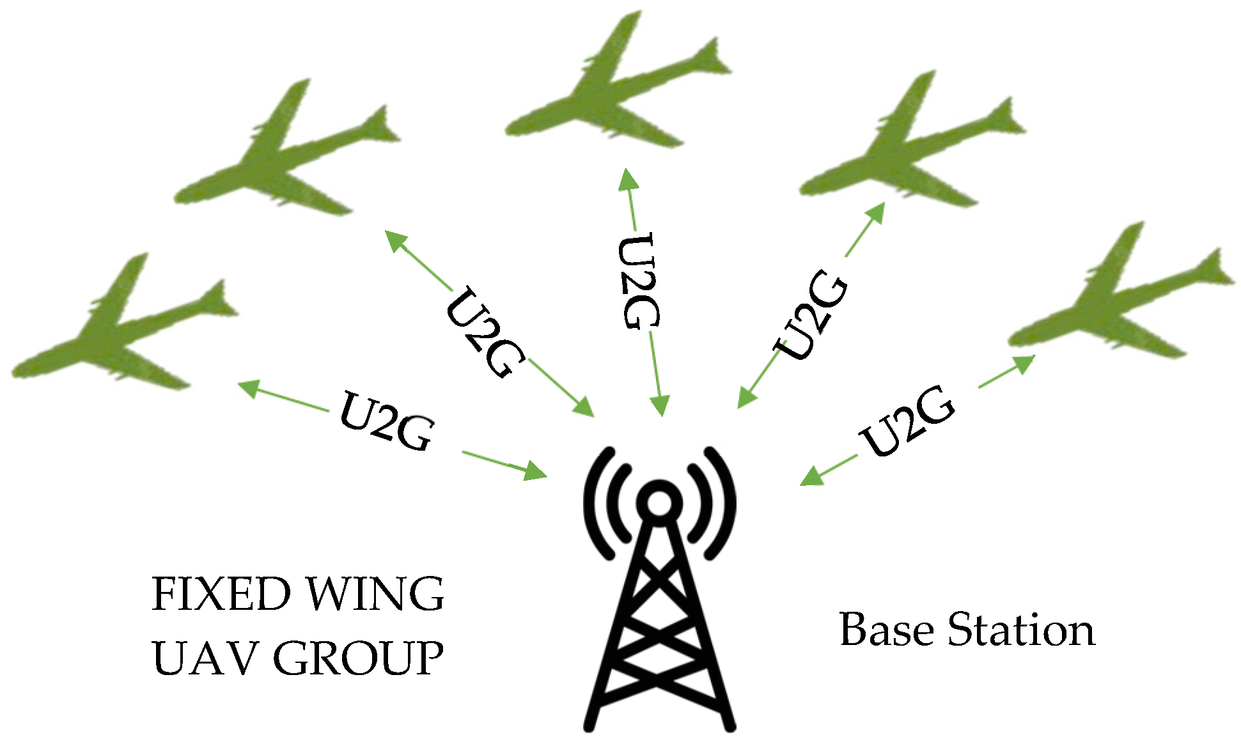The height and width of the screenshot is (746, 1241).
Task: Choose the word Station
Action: pyautogui.click(x=1021, y=629)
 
